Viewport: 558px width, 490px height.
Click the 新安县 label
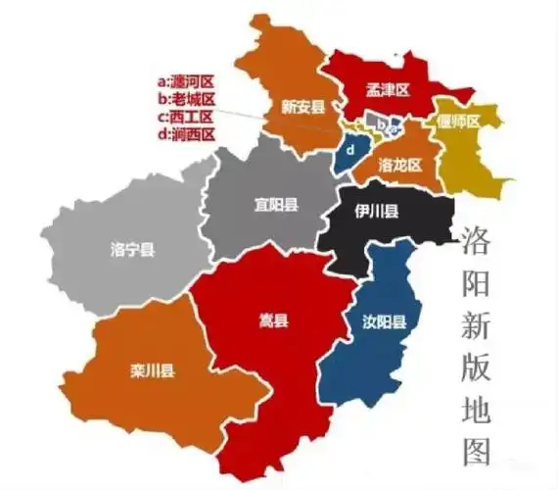click(x=302, y=106)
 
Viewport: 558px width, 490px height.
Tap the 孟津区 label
click(x=389, y=89)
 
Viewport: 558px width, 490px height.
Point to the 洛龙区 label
click(x=399, y=165)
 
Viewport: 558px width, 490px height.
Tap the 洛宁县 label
click(x=133, y=251)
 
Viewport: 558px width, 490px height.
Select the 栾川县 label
click(x=152, y=369)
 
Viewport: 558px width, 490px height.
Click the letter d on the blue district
click(x=348, y=151)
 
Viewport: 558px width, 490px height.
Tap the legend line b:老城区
click(x=186, y=99)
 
